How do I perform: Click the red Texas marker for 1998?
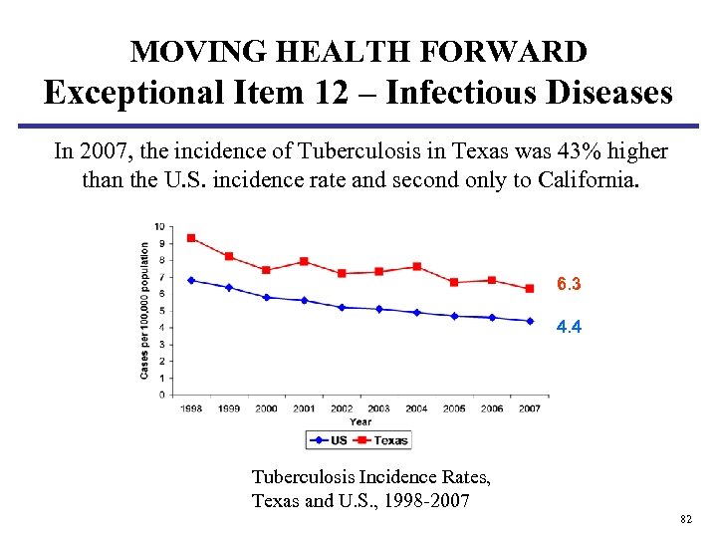pyautogui.click(x=190, y=238)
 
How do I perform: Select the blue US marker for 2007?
pyautogui.click(x=530, y=321)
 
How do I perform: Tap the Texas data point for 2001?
pyautogui.click(x=304, y=262)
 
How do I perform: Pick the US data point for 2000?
pyautogui.click(x=266, y=297)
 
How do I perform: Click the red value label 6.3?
pyautogui.click(x=570, y=285)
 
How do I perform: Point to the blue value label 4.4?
pyautogui.click(x=570, y=326)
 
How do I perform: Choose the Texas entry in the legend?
pyautogui.click(x=383, y=439)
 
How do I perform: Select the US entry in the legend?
pyautogui.click(x=332, y=439)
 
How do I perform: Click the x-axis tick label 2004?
pyautogui.click(x=416, y=409)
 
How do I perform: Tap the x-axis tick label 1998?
pyautogui.click(x=190, y=409)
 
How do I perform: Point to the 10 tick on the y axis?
pyautogui.click(x=160, y=226)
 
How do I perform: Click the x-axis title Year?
pyautogui.click(x=359, y=421)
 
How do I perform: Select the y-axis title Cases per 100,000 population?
pyautogui.click(x=145, y=310)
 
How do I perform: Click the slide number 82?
pyautogui.click(x=685, y=520)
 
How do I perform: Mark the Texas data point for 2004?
pyautogui.click(x=416, y=267)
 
